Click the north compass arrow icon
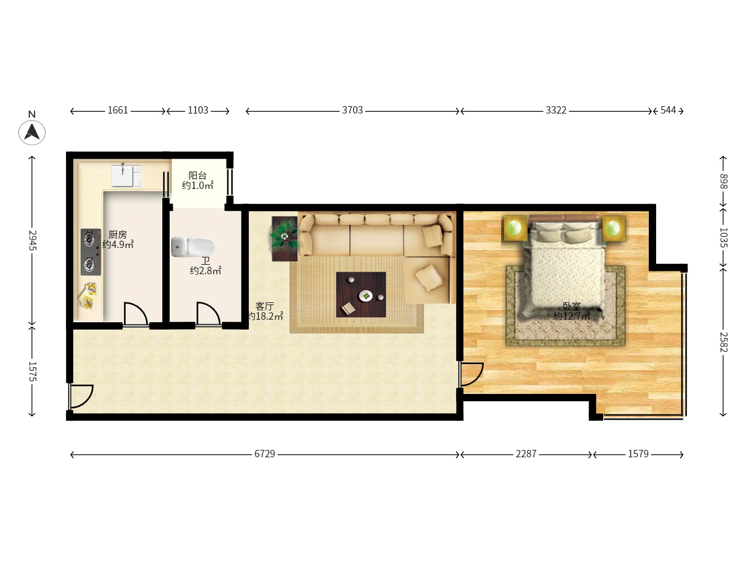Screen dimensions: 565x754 pos(32,132)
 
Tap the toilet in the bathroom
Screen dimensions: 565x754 pos(193,246)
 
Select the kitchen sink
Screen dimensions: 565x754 pos(126,176)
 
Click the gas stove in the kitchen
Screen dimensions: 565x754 pos(91,252)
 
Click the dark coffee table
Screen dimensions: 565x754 pos(361,295)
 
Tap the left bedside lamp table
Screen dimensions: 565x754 pos(515,229)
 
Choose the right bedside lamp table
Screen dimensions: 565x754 pos(613,229)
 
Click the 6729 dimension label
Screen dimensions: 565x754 pos(264,454)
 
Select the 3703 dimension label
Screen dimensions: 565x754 pos(352,110)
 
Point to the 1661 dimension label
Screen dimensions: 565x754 pos(118,110)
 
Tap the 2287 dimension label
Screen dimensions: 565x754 pos(526,454)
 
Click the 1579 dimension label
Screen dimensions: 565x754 pos(638,454)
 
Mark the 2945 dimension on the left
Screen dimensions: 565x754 pos(32,240)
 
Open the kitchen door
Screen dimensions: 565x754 pos(135,314)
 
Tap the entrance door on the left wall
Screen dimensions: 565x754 pos(81,396)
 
